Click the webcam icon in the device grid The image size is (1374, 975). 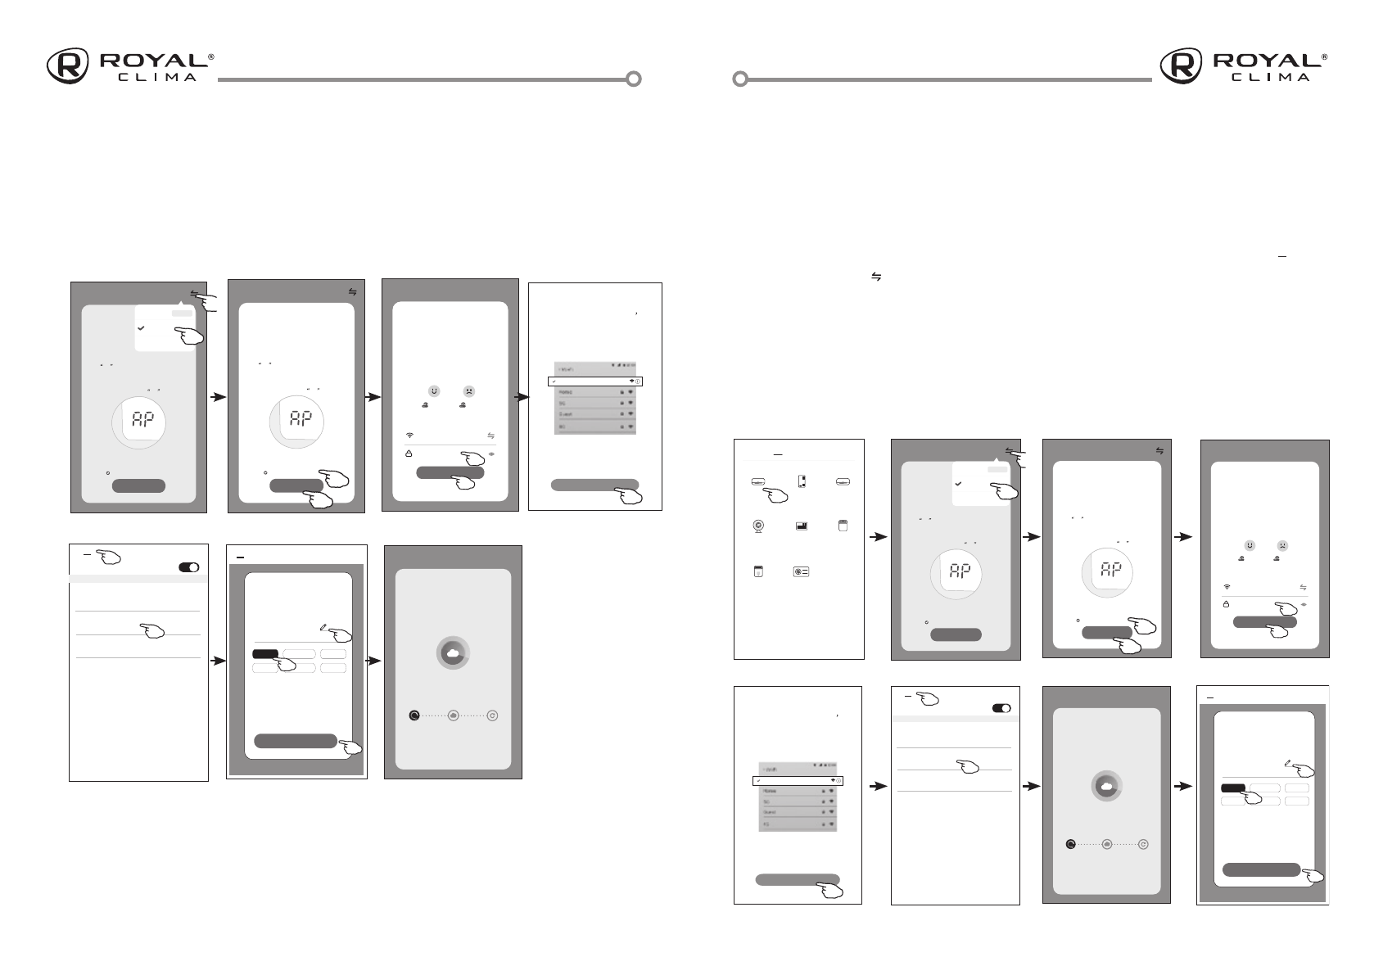click(x=759, y=526)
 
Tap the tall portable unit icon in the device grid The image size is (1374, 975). click(x=802, y=482)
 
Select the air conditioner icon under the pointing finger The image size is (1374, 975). click(x=759, y=483)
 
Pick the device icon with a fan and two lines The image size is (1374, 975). click(x=801, y=571)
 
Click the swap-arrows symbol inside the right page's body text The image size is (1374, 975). click(x=875, y=278)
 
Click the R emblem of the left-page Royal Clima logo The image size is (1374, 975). click(x=68, y=66)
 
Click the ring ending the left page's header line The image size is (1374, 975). click(x=633, y=79)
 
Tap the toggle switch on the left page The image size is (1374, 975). click(x=189, y=567)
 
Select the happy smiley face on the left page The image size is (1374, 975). click(x=434, y=390)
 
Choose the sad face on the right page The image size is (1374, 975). click(x=1282, y=545)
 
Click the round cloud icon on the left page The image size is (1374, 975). click(x=453, y=652)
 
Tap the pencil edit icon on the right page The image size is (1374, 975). click(x=1288, y=762)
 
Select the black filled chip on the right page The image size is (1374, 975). click(x=1233, y=788)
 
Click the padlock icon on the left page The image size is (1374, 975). click(x=409, y=453)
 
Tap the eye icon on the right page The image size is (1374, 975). click(x=1303, y=604)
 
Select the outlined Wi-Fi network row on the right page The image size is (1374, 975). click(x=798, y=781)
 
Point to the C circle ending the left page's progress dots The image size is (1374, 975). click(x=492, y=715)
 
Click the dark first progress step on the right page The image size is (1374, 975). click(x=1070, y=844)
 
